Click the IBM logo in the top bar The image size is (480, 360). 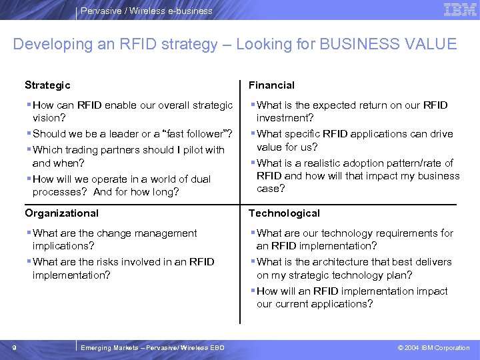point(459,9)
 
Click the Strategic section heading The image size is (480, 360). point(47,85)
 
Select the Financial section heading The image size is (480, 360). point(271,85)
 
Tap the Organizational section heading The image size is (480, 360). point(61,213)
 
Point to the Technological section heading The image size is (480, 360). point(284,213)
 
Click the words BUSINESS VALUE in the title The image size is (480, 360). point(389,45)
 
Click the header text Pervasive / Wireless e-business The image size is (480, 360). point(146,11)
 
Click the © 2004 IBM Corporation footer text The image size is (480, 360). point(433,348)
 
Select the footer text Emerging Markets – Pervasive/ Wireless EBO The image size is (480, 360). point(152,348)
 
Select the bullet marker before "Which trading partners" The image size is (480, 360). point(29,150)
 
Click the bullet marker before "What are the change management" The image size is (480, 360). point(29,233)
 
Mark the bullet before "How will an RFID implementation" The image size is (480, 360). point(253,291)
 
